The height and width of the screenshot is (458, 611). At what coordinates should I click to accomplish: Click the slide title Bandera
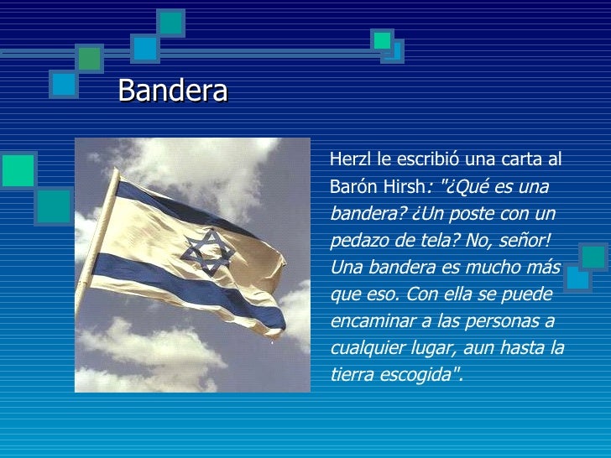[173, 91]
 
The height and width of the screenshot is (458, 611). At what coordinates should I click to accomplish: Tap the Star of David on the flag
[205, 252]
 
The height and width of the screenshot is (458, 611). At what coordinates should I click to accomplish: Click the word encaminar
[368, 321]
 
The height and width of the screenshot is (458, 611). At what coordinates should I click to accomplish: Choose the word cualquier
[366, 349]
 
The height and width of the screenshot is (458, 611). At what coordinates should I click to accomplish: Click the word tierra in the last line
[351, 375]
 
